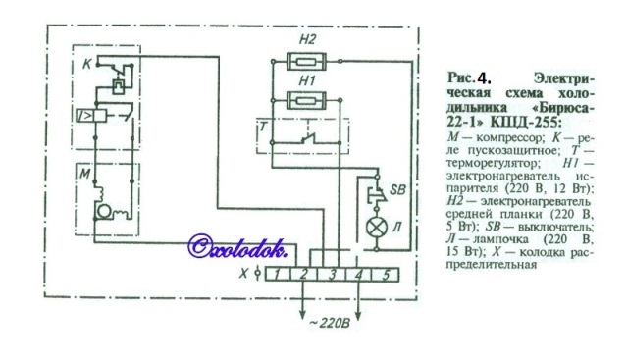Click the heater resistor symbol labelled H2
[x=307, y=62]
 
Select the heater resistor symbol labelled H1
[x=307, y=100]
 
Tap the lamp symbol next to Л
[x=377, y=228]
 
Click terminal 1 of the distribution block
[x=278, y=275]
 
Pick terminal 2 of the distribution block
[x=304, y=275]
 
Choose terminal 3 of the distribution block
[x=332, y=275]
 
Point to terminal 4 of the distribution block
[x=358, y=275]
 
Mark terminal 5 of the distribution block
[x=386, y=275]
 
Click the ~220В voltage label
[x=330, y=323]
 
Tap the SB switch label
[x=397, y=189]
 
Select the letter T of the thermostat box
[x=263, y=127]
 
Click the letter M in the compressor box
[x=85, y=174]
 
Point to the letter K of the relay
[x=87, y=64]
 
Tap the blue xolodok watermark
[x=237, y=246]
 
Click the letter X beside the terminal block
[x=243, y=275]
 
